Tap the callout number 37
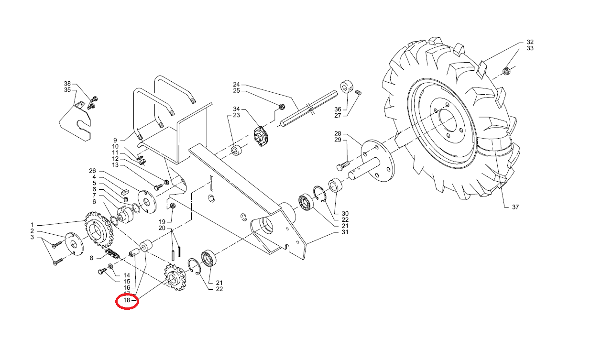[x=515, y=207]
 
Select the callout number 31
[x=345, y=232]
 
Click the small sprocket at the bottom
[x=175, y=278]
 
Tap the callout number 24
[x=236, y=84]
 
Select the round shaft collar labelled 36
[x=346, y=87]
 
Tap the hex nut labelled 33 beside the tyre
[x=506, y=72]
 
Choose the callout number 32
[x=530, y=42]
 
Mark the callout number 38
[x=67, y=83]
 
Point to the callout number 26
[x=93, y=171]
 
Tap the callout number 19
[x=162, y=222]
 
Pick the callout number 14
[x=127, y=275]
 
